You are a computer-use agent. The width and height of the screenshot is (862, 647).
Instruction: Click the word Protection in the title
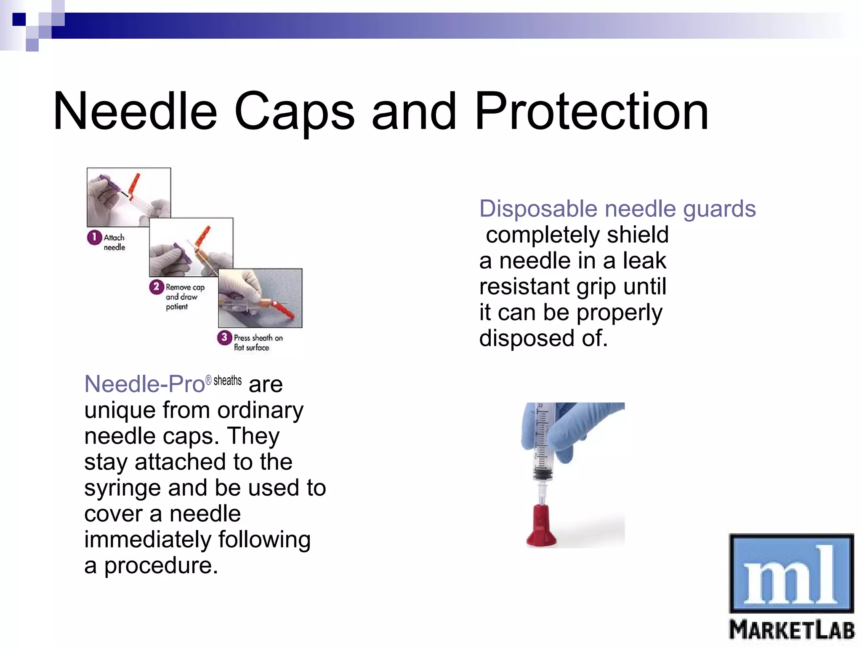(591, 112)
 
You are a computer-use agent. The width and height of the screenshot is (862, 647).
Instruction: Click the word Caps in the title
(294, 112)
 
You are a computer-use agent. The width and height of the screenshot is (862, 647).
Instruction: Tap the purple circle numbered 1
(94, 237)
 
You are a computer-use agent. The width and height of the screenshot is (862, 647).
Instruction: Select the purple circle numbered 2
(156, 287)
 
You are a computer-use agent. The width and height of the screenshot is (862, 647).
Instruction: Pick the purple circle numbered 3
(224, 337)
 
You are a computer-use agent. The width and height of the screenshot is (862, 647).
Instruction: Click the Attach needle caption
(114, 242)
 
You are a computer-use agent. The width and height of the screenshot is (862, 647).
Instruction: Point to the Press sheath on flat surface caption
(258, 342)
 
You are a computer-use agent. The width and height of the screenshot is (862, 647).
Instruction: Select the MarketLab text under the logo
(791, 630)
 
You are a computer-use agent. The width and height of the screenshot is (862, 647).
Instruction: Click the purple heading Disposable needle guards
(617, 209)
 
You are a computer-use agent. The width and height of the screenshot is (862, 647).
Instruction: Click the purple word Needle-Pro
(144, 384)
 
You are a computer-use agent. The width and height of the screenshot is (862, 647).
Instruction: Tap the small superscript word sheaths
(227, 380)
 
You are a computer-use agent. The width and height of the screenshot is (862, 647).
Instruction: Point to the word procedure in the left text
(161, 566)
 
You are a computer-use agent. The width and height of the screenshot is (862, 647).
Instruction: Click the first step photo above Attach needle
(129, 197)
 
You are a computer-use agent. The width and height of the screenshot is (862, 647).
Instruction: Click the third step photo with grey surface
(260, 298)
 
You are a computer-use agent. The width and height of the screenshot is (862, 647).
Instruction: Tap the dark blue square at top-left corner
(19, 19)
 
